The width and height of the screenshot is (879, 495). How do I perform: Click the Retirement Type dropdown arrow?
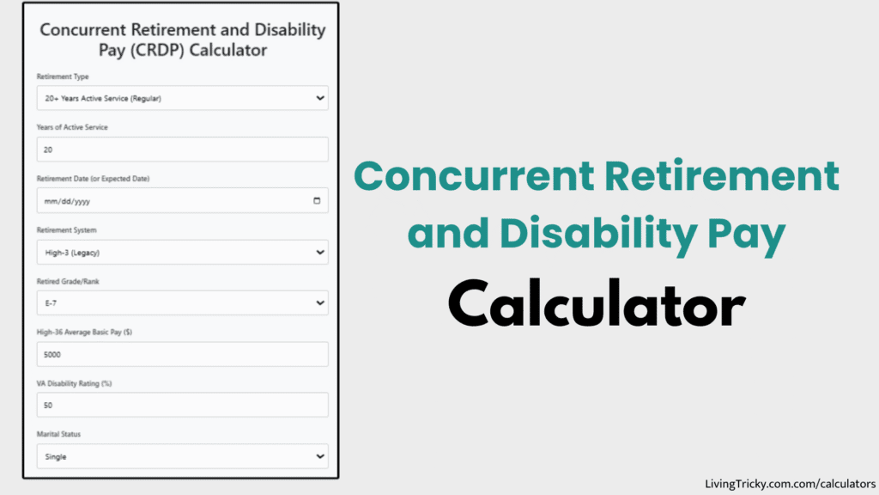coord(320,98)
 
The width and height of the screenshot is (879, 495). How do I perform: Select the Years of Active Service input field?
coord(182,150)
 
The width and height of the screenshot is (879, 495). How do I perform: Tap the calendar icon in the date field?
coord(317,201)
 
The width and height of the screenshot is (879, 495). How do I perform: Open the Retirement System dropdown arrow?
coord(320,253)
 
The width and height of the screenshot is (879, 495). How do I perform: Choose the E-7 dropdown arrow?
coord(320,303)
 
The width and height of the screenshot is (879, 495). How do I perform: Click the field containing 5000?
coord(182,354)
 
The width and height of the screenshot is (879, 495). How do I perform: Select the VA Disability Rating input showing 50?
coord(182,405)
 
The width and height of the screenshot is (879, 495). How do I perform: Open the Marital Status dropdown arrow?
coord(320,456)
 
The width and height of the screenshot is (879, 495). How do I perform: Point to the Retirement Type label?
coord(63,76)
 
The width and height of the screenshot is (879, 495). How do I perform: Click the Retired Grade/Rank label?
coord(69,282)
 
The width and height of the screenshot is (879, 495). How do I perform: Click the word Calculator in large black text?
coord(596,304)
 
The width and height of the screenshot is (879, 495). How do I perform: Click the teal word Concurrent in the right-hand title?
coord(474,176)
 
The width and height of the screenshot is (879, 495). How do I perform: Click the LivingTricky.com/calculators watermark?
coord(789,484)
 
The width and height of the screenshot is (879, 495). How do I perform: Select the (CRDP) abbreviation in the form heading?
coord(159,50)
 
